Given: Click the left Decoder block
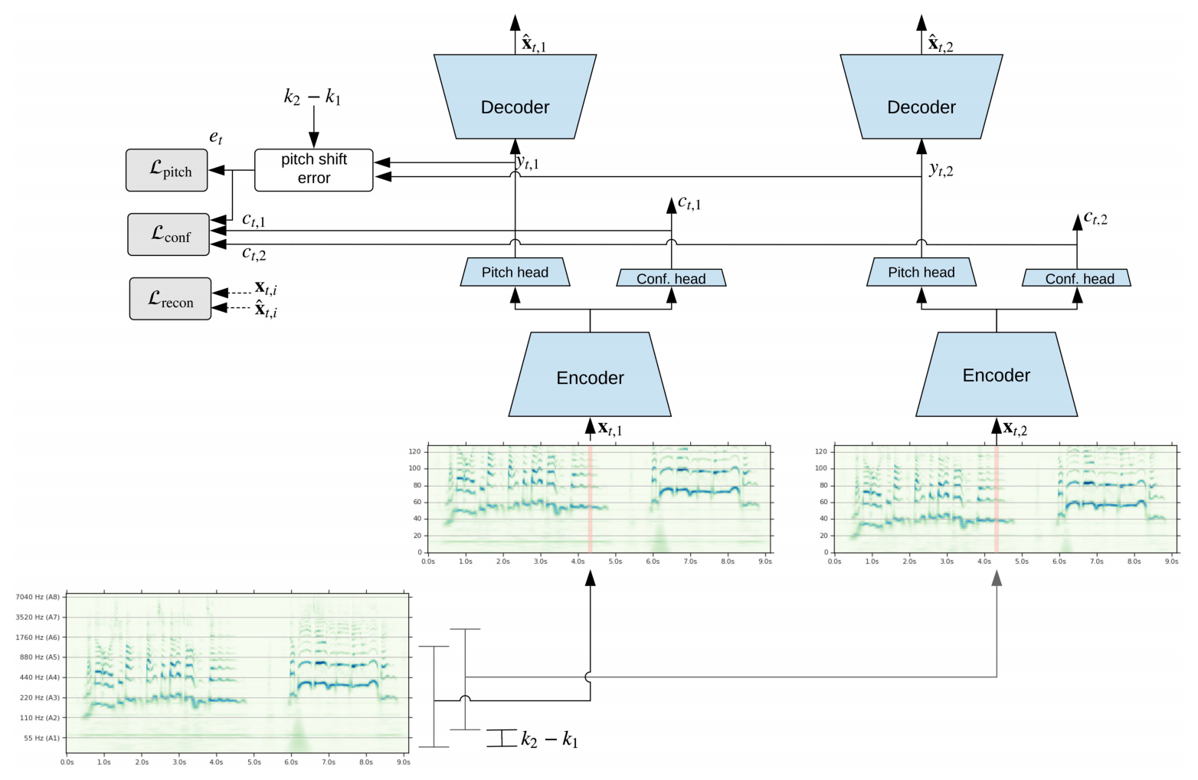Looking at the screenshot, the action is click(515, 97).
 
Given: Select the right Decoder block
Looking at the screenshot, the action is click(921, 97).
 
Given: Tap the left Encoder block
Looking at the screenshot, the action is click(589, 375).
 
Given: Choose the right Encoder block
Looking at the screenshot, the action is click(996, 375).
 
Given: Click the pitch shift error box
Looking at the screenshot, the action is click(313, 170).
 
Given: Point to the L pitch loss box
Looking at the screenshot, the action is click(167, 170).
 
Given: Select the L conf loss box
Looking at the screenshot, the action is click(169, 234).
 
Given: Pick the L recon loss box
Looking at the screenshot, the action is click(170, 299).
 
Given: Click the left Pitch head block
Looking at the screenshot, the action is click(515, 272).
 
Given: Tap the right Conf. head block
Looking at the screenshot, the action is click(1076, 277).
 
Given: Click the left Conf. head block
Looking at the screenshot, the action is click(671, 277).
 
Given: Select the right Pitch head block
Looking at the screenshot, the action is click(921, 272).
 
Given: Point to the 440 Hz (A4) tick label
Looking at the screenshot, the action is click(38, 677).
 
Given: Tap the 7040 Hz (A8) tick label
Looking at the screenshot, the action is click(38, 597).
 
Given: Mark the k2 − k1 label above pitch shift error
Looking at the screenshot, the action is click(313, 97).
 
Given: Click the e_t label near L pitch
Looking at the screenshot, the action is click(215, 137).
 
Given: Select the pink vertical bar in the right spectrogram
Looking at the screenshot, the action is click(996, 499).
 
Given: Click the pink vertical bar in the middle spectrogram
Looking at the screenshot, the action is click(590, 499).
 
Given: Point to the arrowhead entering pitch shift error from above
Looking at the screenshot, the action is click(313, 140).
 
